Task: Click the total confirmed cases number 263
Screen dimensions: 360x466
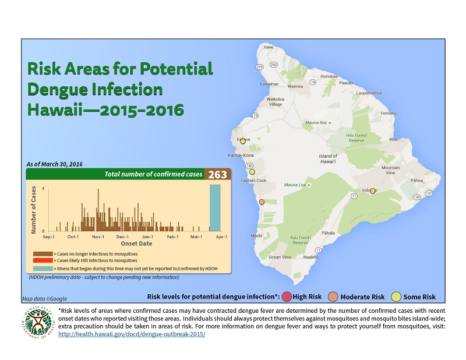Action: point(218,175)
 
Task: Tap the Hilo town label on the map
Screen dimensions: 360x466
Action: point(393,140)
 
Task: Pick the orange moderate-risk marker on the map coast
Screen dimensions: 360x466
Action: point(262,202)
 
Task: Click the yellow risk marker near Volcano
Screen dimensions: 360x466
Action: point(373,190)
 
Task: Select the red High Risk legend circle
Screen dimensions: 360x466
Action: point(286,297)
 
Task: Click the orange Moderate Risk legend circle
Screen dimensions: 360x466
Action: point(333,297)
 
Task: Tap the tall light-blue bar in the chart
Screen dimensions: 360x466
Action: point(215,208)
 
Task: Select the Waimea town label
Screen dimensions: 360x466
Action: point(296,86)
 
